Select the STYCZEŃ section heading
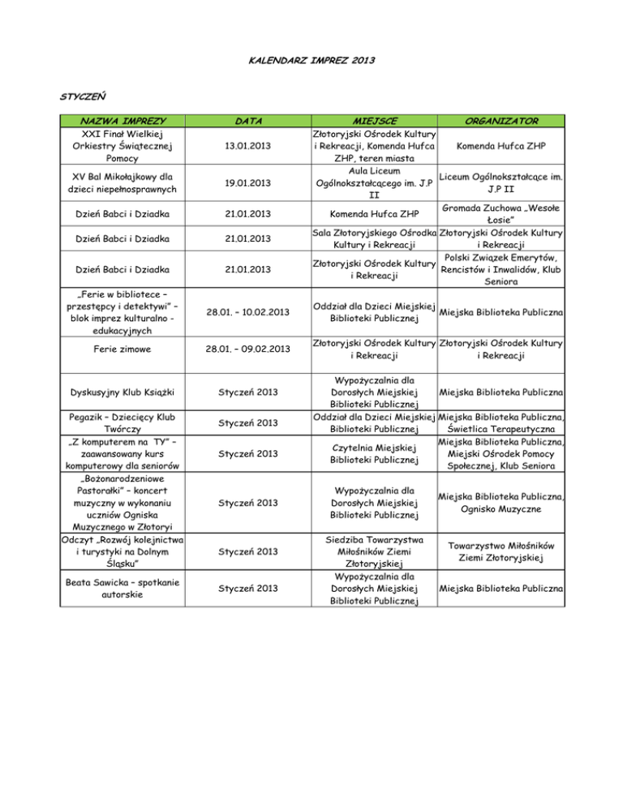click(85, 96)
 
